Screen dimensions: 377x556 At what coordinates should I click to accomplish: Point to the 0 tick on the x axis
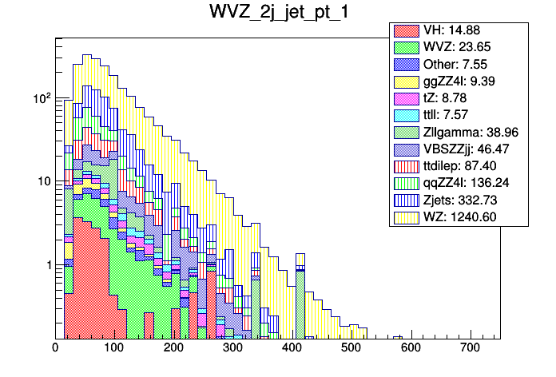pos(55,347)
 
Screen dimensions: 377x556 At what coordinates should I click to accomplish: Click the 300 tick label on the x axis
pos(233,347)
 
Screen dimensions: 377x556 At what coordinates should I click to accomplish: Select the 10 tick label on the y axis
pos(44,181)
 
